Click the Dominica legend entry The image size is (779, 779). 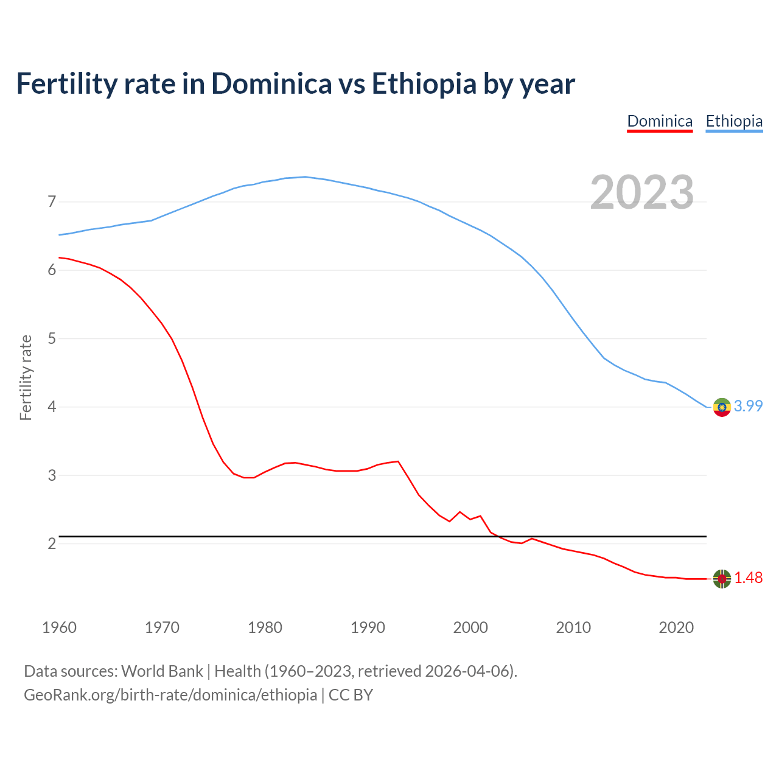660,121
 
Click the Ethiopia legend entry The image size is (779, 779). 734,121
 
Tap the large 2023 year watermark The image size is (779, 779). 642,192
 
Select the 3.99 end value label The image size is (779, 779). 748,406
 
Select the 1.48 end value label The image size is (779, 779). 748,578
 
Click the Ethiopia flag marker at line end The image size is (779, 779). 722,407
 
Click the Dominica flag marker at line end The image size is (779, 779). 722,579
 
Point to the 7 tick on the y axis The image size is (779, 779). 52,201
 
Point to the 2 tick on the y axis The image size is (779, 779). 52,543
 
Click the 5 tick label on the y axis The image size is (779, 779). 52,338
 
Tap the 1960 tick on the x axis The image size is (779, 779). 59,627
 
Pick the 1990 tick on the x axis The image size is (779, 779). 368,627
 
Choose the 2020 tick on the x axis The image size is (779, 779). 676,627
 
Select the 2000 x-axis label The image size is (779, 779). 470,627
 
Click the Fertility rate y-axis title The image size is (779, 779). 26,377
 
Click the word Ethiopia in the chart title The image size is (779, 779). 424,84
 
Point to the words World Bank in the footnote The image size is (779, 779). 162,671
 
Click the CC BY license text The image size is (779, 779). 351,695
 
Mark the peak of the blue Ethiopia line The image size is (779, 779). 305,177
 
